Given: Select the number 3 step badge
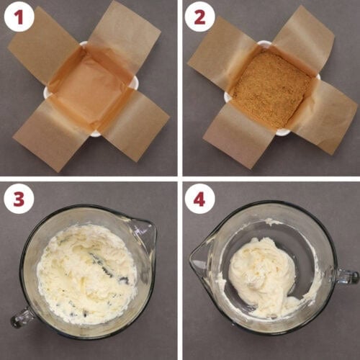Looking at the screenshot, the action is click(19, 199).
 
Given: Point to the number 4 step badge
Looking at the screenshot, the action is click(199, 199).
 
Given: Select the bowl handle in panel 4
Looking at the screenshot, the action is click(347, 276).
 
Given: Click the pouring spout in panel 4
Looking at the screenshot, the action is click(199, 259).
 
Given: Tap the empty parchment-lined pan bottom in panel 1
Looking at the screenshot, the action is click(92, 89).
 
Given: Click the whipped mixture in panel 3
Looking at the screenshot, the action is click(86, 274).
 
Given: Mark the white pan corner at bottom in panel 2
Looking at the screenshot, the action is click(283, 132).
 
